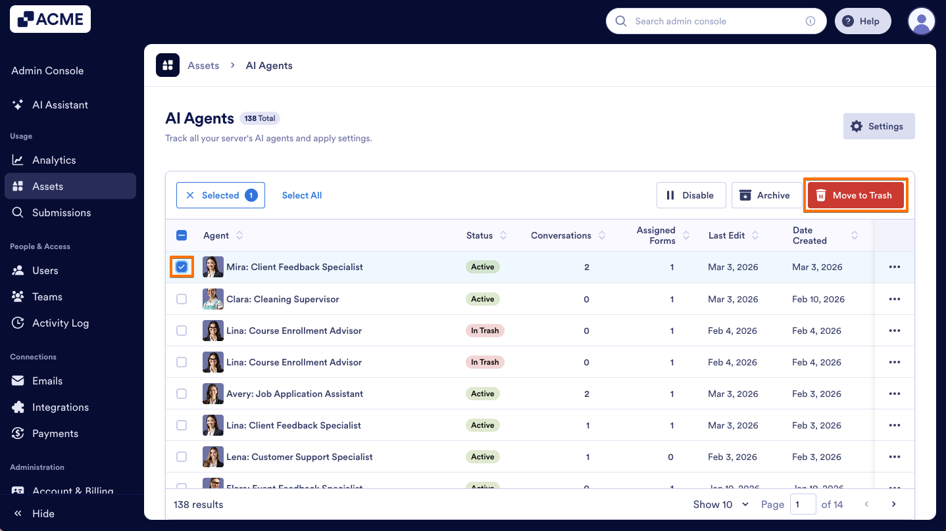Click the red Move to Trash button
(x=855, y=195)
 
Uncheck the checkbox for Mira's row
(x=182, y=267)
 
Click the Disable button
(x=691, y=195)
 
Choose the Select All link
(x=302, y=195)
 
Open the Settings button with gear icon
(x=878, y=126)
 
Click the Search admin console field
(x=714, y=21)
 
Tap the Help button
(x=862, y=21)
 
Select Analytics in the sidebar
(x=54, y=160)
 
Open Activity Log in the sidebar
(x=61, y=323)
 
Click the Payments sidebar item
(x=55, y=433)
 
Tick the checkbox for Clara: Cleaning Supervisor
(x=182, y=299)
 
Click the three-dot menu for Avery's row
(x=894, y=394)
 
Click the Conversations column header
(x=561, y=235)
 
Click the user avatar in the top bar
(x=921, y=21)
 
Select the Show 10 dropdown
(x=721, y=505)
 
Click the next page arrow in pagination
(x=893, y=505)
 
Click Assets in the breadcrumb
(x=203, y=66)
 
